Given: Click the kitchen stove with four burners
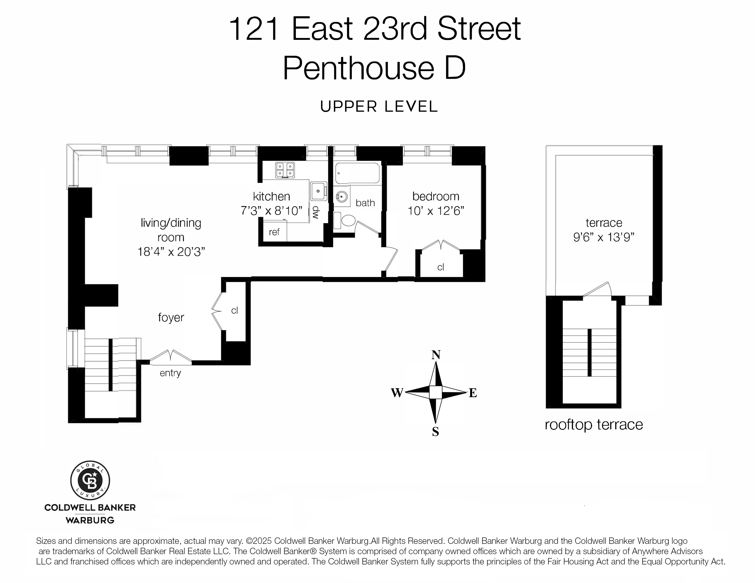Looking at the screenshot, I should point(285,170).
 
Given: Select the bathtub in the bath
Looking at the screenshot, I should point(357,174).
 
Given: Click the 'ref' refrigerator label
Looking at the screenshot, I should point(274,232).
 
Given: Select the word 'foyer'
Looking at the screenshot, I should point(171,317).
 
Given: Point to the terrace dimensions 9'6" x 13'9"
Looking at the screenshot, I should point(604,237).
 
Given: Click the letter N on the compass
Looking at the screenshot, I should point(436,355).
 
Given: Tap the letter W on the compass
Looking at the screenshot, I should point(397,393).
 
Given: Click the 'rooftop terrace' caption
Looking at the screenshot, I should point(594,425).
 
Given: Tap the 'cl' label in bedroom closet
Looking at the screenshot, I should point(440,267).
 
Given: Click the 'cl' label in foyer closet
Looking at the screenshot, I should point(234,310).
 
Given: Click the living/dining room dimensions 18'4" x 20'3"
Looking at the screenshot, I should point(171,252).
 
